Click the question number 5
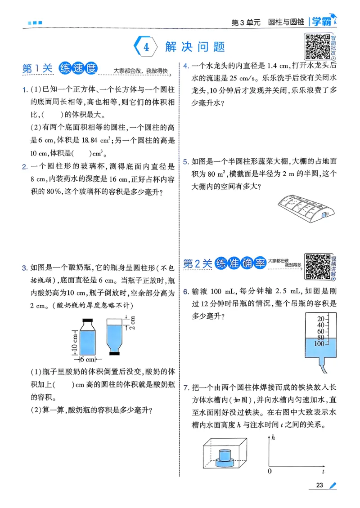185,162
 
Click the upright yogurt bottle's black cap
87,321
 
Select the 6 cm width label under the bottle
87,360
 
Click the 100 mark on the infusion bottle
319,344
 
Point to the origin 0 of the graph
269,472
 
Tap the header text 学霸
324,22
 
